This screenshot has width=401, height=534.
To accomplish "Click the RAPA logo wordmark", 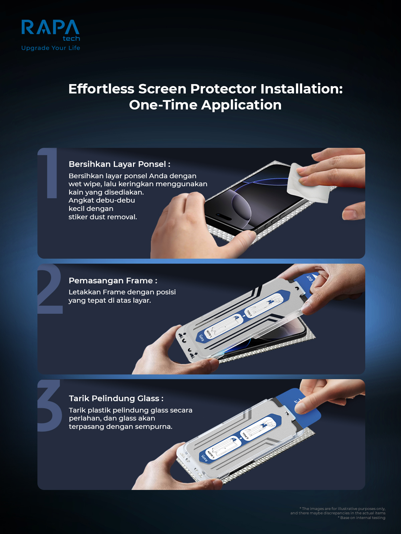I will click(50, 27).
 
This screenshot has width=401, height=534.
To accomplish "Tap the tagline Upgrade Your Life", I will click(50, 48).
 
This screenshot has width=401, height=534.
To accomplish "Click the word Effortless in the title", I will click(101, 89).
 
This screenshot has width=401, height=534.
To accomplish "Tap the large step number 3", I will click(50, 406).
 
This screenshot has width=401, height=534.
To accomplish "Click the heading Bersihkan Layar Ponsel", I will click(119, 164).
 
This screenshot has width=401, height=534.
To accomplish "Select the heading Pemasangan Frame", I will click(113, 281).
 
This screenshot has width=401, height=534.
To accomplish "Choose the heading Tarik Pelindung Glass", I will click(116, 398).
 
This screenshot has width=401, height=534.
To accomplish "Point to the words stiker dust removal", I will click(103, 217).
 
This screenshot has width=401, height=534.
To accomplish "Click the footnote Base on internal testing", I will click(362, 518).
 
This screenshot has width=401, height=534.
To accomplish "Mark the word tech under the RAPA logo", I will click(71, 39).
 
